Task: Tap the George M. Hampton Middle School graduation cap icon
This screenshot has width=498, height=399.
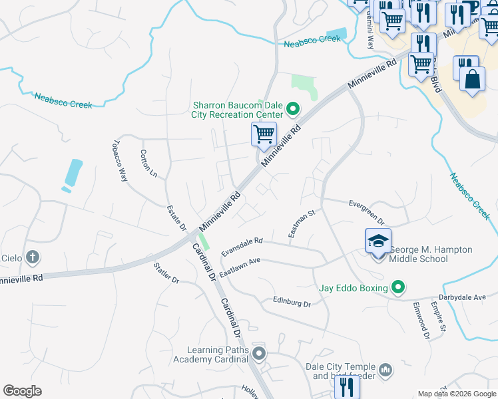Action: click(x=377, y=241)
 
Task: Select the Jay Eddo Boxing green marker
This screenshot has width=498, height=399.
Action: click(x=398, y=287)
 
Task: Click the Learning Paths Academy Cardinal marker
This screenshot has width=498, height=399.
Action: click(x=259, y=354)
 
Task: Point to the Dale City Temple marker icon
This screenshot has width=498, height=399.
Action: click(x=385, y=370)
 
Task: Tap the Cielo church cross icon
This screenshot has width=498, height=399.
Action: click(x=33, y=257)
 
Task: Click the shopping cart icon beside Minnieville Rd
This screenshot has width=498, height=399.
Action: click(x=264, y=134)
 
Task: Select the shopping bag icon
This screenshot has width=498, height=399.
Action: click(x=472, y=78)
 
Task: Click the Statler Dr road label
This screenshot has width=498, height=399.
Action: click(x=166, y=273)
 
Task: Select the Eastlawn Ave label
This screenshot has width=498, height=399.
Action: click(x=240, y=267)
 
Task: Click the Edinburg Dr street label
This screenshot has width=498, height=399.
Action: click(x=292, y=302)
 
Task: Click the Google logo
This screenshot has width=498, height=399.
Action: click(x=22, y=391)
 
